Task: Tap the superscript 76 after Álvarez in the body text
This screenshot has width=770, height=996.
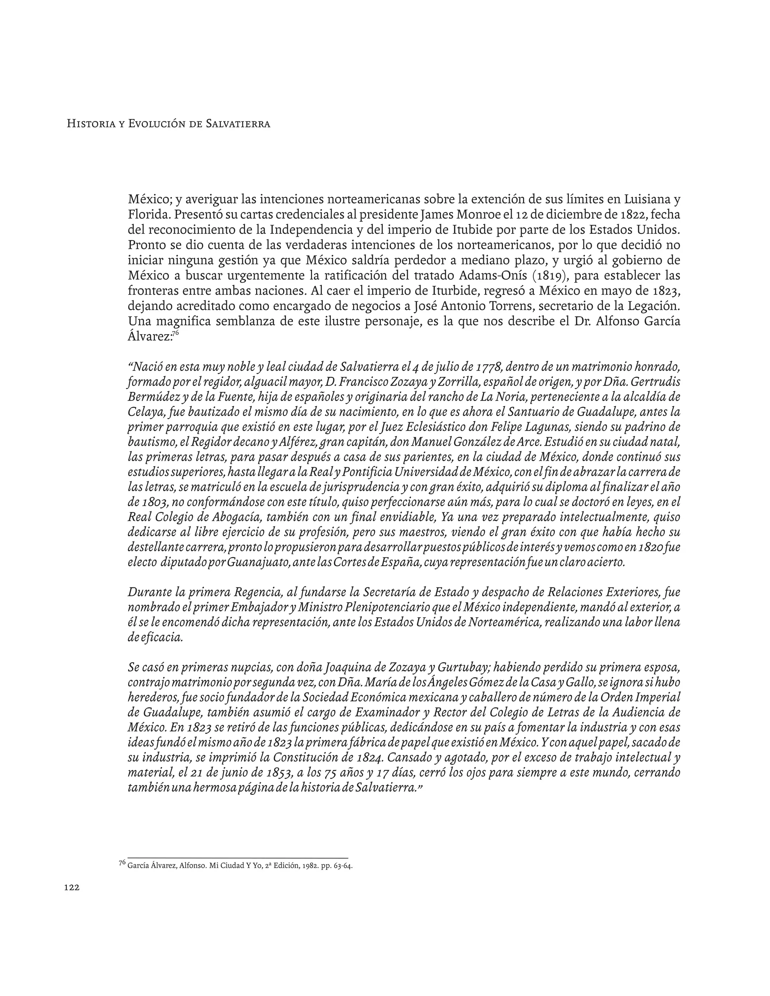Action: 175,333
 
